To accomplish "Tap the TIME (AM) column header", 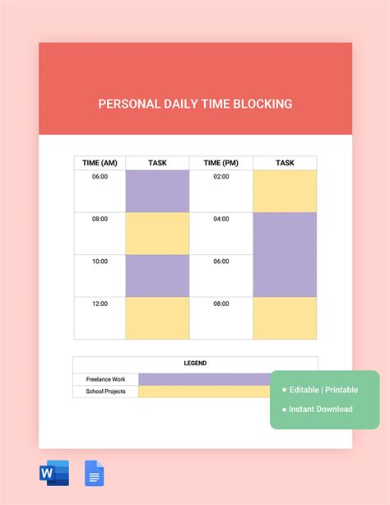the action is pos(100,163).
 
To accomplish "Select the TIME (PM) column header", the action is pos(221,163).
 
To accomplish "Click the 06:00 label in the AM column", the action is pos(100,177).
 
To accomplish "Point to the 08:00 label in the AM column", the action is pos(100,219).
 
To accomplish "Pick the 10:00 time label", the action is pos(100,262).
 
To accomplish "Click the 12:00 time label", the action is pos(100,303).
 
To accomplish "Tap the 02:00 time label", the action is pos(221,177).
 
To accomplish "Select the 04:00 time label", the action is pos(221,219).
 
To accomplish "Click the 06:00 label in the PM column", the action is pos(221,262).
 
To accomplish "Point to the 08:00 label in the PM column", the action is pos(221,303).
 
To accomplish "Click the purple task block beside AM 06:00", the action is pos(157,192).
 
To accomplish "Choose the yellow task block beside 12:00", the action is pos(157,318).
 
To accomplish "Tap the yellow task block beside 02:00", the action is pos(285,192).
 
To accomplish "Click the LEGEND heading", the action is pos(195,364).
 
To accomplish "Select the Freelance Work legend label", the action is pos(105,379).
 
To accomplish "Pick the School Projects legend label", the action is pos(105,391).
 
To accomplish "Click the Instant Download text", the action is pos(321,410).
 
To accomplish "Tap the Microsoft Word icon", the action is pos(54,473).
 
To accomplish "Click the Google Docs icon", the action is pos(94,473).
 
